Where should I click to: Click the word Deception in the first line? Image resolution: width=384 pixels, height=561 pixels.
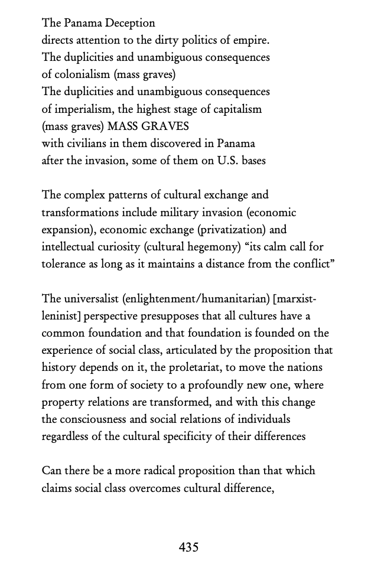click(130, 24)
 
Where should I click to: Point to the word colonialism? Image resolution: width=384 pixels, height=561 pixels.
click(82, 75)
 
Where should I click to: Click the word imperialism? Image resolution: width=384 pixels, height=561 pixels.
click(82, 109)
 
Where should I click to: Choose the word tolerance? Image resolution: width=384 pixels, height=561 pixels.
click(63, 264)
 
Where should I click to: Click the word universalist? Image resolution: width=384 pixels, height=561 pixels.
click(90, 299)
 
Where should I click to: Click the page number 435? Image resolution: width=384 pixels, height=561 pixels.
click(188, 547)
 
